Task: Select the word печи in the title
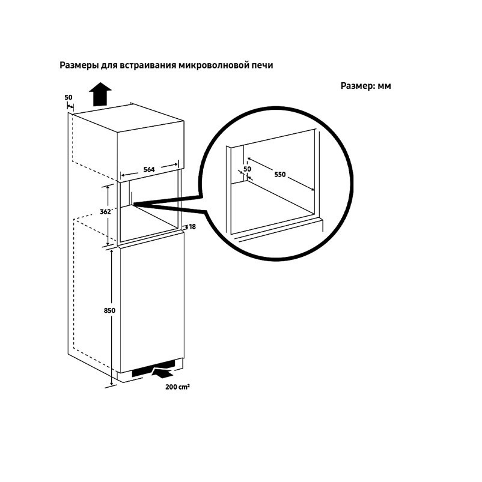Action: (x=262, y=65)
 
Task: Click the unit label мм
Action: (x=384, y=86)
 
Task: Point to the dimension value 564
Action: (x=149, y=169)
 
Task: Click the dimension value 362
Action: (x=105, y=212)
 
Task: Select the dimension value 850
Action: (x=109, y=310)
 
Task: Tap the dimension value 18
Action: (x=192, y=227)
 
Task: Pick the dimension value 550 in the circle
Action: (x=280, y=174)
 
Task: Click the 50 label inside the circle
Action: (x=247, y=169)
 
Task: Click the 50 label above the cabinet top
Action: (x=69, y=97)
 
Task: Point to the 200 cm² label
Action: (x=177, y=387)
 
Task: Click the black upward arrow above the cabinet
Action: (x=100, y=94)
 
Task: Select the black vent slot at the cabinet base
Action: (x=153, y=369)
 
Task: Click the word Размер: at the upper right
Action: (x=358, y=86)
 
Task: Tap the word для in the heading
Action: (x=109, y=66)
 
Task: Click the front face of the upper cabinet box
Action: (x=151, y=151)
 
